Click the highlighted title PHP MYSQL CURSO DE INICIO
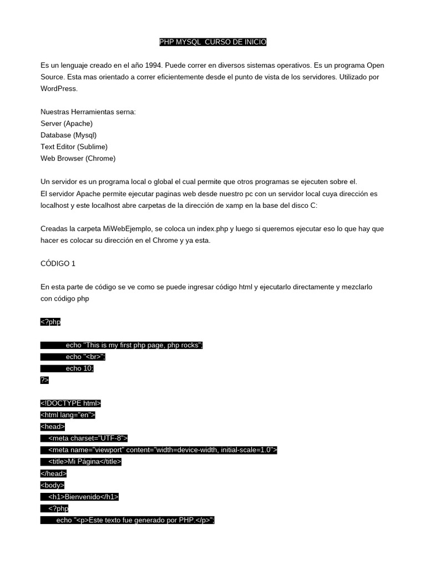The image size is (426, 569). click(213, 42)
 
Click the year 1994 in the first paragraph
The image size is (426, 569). click(155, 66)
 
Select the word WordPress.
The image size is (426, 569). click(59, 89)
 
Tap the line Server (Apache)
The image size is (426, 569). click(67, 123)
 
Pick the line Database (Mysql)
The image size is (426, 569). click(68, 135)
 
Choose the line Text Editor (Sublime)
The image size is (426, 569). click(74, 147)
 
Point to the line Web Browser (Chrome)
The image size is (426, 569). click(78, 158)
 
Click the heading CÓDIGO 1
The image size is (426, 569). click(58, 263)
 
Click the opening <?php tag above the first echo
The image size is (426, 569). click(50, 322)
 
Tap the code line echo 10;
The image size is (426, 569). click(79, 368)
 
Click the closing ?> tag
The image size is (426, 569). click(44, 380)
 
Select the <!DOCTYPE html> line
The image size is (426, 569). click(70, 403)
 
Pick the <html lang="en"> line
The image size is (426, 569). click(68, 415)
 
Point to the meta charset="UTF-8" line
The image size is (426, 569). click(88, 438)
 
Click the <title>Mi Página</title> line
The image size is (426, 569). click(84, 462)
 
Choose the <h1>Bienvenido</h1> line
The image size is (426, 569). click(83, 497)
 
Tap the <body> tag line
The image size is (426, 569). click(52, 485)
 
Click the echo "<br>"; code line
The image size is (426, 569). click(85, 357)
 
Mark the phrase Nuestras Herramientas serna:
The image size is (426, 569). click(88, 112)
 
